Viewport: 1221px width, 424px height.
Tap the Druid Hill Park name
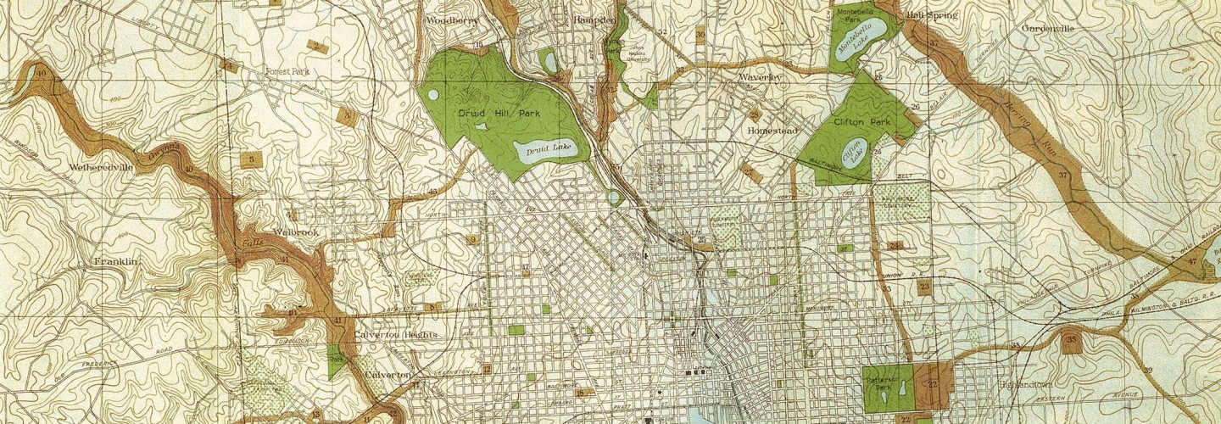pos(499,113)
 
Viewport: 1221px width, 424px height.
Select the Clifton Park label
pos(862,122)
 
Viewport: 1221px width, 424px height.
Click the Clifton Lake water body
pos(852,152)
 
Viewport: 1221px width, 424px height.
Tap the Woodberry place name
pos(452,20)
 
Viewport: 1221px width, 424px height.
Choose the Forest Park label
pos(287,72)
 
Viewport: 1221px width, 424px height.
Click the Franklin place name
pos(116,262)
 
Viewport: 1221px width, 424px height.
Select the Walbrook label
pos(296,232)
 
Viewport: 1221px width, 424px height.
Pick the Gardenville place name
pos(1048,28)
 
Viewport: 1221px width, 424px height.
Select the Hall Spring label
pos(932,15)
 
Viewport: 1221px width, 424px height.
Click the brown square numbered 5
pos(250,159)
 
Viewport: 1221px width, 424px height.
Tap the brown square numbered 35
pos(1071,342)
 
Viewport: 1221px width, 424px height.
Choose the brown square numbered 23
pos(924,287)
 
